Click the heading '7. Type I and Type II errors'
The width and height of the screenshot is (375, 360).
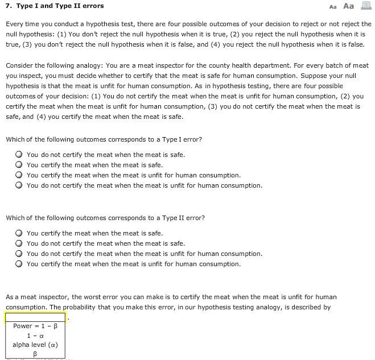click(x=55, y=6)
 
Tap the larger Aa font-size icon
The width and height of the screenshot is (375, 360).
click(x=349, y=6)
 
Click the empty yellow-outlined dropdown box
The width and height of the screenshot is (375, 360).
click(x=35, y=317)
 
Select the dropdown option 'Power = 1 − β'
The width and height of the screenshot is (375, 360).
click(x=35, y=326)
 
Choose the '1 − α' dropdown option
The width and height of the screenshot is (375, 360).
click(x=35, y=336)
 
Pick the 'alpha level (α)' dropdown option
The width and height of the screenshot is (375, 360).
click(x=35, y=345)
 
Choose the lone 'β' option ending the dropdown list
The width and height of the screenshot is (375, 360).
click(x=35, y=354)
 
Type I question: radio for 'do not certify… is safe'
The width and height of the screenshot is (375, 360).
click(x=19, y=155)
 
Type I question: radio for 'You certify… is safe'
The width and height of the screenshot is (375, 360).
click(x=19, y=165)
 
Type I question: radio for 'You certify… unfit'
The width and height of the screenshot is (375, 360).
click(x=19, y=175)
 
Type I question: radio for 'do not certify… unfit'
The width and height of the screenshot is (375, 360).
click(x=19, y=185)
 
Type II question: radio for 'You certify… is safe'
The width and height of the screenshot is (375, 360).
click(x=19, y=233)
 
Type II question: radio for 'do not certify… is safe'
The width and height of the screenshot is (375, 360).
click(x=19, y=243)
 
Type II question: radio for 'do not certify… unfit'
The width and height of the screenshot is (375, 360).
click(x=19, y=254)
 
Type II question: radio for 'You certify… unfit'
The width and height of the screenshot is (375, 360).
click(x=19, y=264)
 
